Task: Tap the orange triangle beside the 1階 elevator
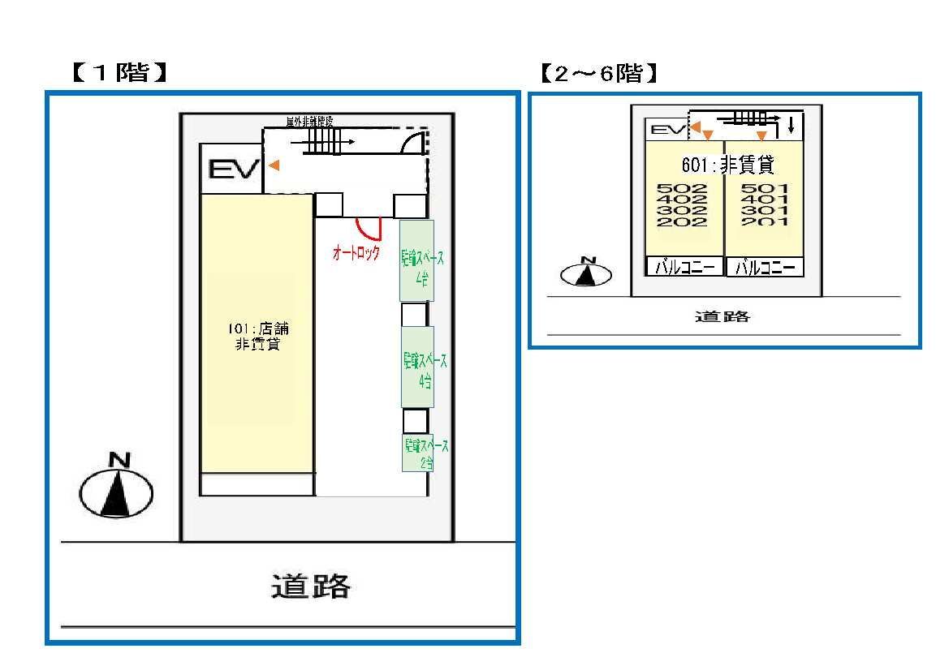point(274,165)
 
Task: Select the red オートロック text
point(356,253)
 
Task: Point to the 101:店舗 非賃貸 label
point(258,337)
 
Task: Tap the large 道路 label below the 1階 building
point(310,585)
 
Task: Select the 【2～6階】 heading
point(598,75)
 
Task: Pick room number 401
point(765,200)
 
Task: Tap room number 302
point(682,211)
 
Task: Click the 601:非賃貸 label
point(727,166)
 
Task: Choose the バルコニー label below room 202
point(684,267)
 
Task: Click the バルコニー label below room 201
point(764,267)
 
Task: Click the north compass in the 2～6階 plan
point(585,273)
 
